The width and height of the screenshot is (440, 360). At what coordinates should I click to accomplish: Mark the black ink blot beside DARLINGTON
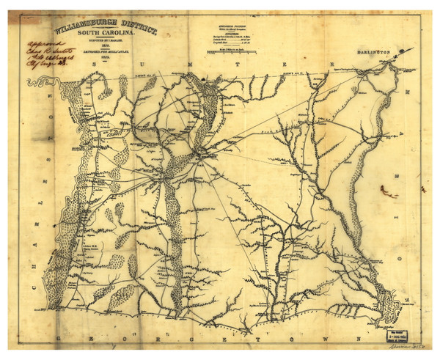click(x=400, y=50)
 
